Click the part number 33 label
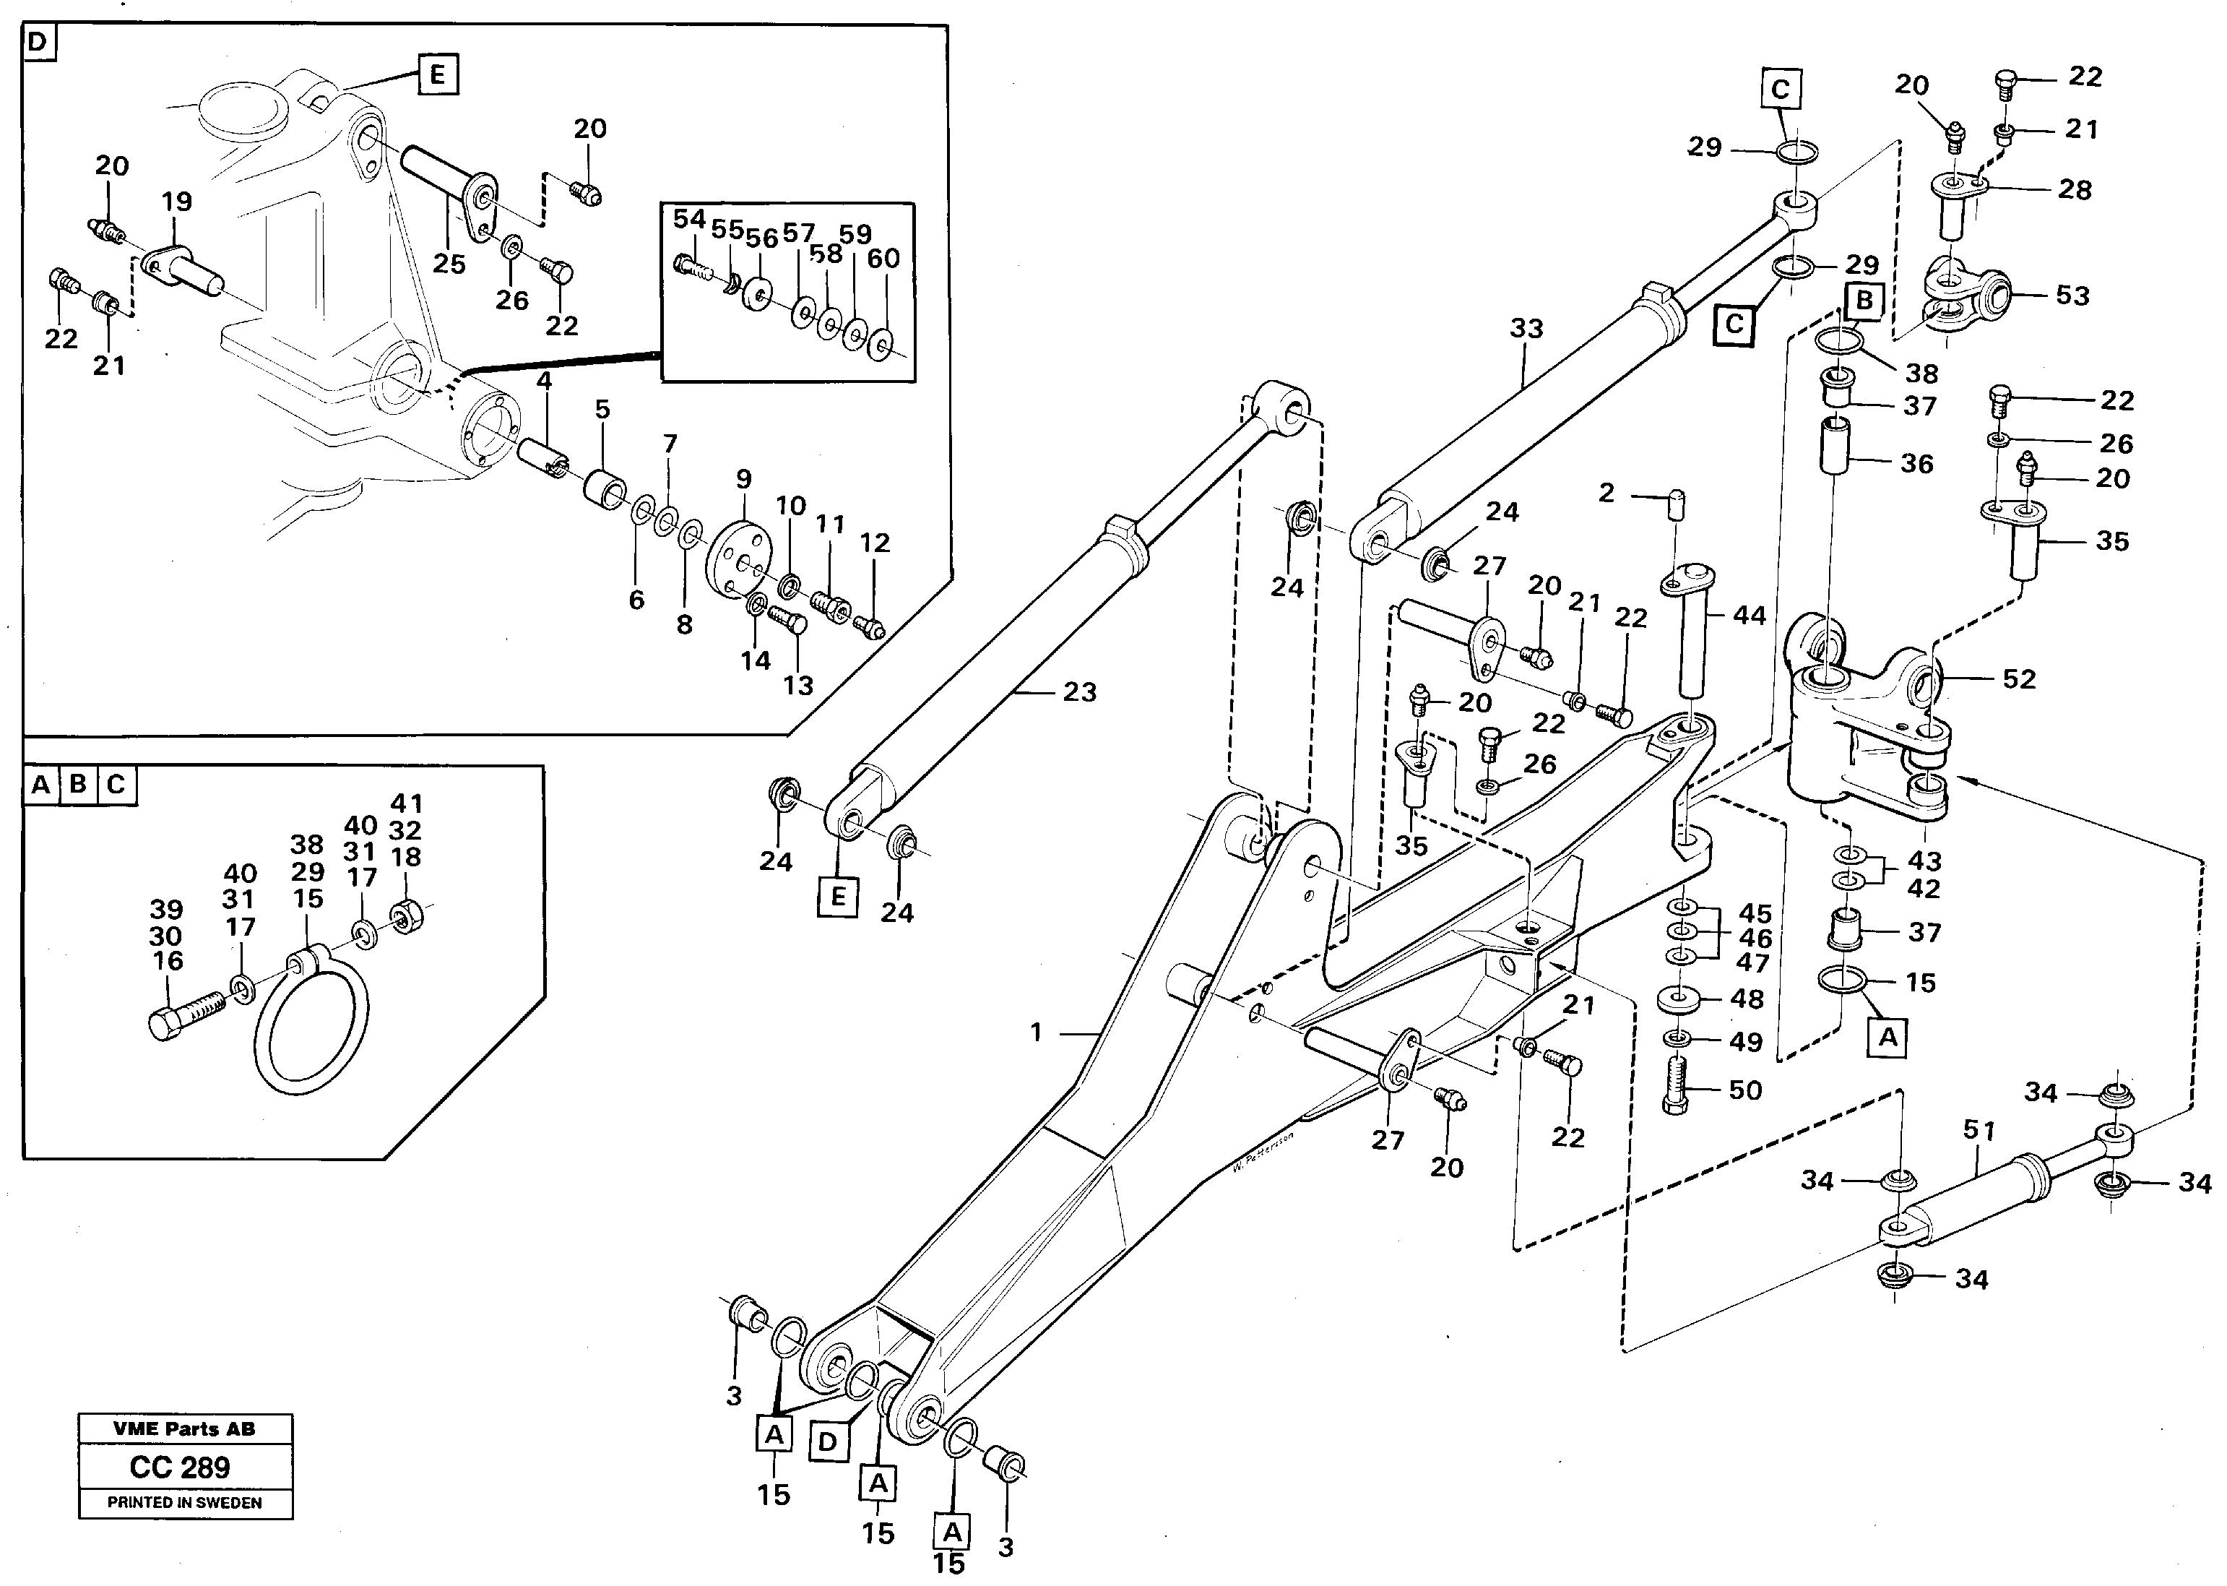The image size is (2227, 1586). [1526, 329]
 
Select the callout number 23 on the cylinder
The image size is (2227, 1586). [1079, 692]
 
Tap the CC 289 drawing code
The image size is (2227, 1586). [180, 1468]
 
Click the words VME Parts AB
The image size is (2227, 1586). [183, 1428]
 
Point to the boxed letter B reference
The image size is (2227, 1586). [1864, 301]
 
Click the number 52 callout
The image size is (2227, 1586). [2019, 678]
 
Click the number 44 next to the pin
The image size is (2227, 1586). [1749, 616]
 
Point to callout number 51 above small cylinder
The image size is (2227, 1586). [1979, 1131]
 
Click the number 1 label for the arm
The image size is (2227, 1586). [1036, 1033]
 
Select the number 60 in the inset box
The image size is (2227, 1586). [883, 259]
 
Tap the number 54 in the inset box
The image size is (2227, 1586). [689, 219]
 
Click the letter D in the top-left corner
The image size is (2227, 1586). [37, 43]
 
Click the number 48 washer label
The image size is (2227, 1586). [1747, 999]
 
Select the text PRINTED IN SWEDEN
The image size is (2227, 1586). [184, 1503]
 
